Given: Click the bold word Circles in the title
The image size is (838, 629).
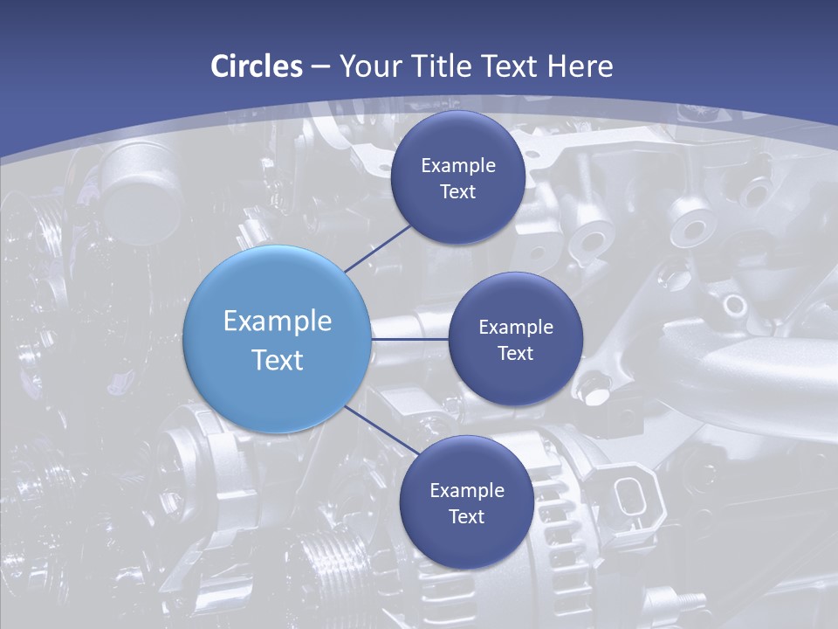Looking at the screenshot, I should [257, 66].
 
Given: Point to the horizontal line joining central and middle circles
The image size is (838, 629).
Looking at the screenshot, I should [409, 339].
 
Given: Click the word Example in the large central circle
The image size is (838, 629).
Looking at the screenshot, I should [278, 321].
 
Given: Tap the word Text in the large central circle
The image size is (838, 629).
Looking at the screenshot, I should [278, 360].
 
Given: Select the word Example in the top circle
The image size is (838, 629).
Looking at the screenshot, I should [458, 166].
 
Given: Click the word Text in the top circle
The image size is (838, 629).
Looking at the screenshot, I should [457, 192].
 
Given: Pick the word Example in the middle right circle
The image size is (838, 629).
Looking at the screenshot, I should [516, 328].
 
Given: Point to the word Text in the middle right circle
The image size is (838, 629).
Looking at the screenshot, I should [515, 354].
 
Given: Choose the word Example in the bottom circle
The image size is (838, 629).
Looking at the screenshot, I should [467, 491].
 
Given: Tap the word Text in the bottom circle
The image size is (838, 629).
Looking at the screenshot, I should [466, 517].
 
